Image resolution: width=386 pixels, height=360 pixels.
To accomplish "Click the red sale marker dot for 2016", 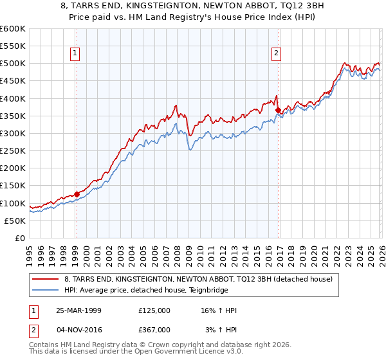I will (x=278, y=111).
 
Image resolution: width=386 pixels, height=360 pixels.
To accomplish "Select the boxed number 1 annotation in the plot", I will (x=76, y=54).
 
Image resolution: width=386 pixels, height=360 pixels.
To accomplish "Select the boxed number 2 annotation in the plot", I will (x=276, y=54).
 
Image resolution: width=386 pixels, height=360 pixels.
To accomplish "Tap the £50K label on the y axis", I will (x=15, y=221).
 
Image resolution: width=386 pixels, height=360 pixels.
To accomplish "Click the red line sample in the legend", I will (x=46, y=279).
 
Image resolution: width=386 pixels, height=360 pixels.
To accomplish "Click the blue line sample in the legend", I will (x=46, y=290).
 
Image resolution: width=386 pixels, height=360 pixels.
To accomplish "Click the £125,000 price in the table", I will (x=154, y=310).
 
